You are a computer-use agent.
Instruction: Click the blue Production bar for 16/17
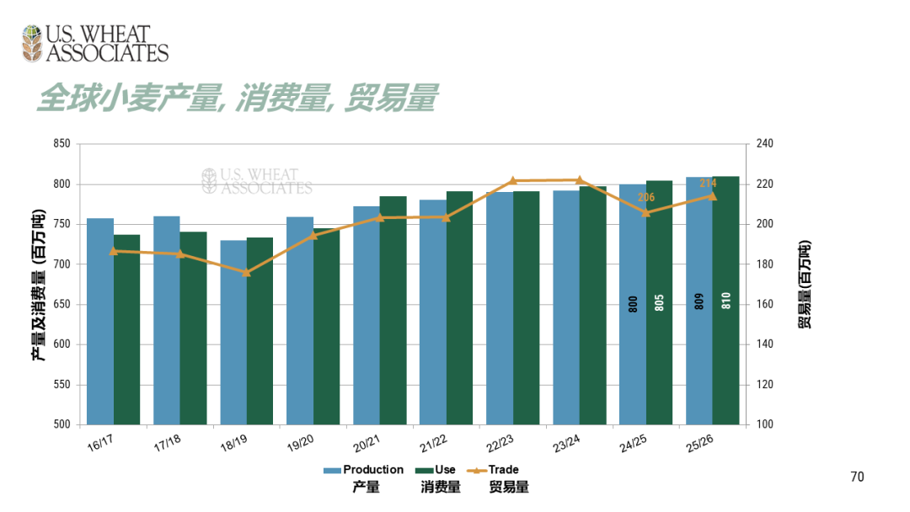click(100, 321)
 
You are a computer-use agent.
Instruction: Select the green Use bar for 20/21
click(393, 311)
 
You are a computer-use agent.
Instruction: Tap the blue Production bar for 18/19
click(233, 333)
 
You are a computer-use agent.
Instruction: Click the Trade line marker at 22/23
click(512, 181)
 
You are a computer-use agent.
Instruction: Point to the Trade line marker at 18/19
click(246, 273)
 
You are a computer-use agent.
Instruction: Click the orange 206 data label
click(646, 198)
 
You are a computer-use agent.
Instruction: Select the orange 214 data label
click(708, 183)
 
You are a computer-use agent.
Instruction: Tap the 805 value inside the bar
click(659, 303)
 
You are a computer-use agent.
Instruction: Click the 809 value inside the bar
click(699, 301)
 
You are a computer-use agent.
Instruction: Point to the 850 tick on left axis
click(61, 144)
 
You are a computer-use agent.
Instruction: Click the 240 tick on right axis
click(763, 144)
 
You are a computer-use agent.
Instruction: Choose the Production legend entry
click(364, 470)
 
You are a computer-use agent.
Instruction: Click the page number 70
click(857, 477)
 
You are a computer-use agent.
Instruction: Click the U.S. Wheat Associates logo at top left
click(95, 44)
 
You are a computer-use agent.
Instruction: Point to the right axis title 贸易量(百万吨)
click(805, 284)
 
